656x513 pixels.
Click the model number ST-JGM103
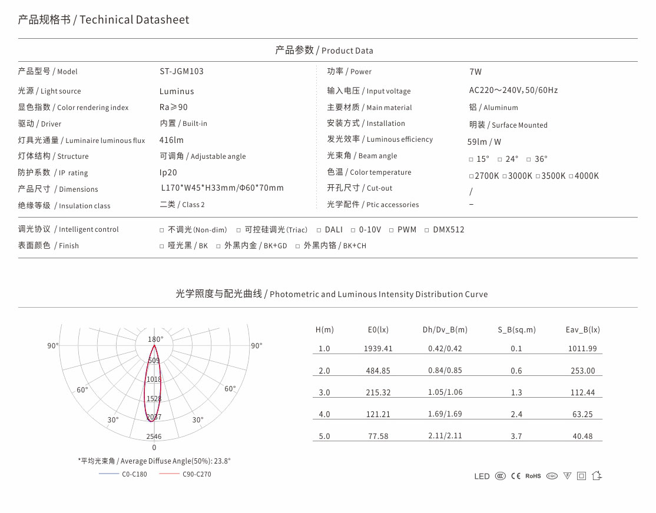[x=181, y=71]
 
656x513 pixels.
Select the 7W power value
[x=475, y=72]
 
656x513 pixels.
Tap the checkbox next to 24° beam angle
[x=500, y=159]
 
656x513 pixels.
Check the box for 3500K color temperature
[x=538, y=176]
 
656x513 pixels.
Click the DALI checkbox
[x=319, y=230]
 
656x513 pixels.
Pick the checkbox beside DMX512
[x=427, y=230]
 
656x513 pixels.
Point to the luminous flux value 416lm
[x=171, y=140]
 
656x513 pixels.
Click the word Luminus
[x=177, y=91]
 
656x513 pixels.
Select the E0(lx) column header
[x=378, y=329]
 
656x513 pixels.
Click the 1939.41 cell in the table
[x=378, y=348]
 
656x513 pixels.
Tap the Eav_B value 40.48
[x=582, y=437]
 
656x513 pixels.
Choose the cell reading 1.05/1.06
[x=445, y=392]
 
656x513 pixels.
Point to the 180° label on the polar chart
[x=155, y=339]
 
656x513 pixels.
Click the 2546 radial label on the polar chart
[x=154, y=437]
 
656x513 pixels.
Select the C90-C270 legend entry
[x=196, y=474]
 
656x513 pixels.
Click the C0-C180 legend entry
[x=134, y=474]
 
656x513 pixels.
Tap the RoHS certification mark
[x=533, y=476]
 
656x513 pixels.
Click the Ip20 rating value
[x=168, y=172]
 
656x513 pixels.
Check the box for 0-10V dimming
[x=353, y=230]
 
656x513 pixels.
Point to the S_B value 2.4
[x=516, y=414]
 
